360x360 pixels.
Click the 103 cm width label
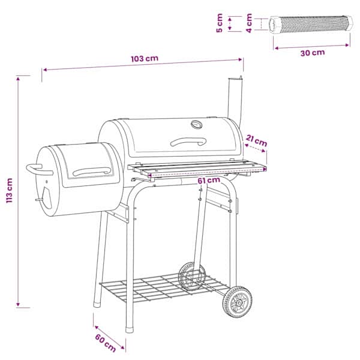coord(145,59)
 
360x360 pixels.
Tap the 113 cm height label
coord(10,190)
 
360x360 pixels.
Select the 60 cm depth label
coord(106,343)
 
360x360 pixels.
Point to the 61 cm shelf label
coord(209,180)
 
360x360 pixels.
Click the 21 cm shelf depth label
coord(256,141)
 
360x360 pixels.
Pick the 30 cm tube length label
coord(313,53)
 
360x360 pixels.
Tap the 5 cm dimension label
coord(220,23)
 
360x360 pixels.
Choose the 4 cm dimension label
coord(249,23)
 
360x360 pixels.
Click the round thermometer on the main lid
coord(197,124)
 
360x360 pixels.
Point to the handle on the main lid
coord(188,141)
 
